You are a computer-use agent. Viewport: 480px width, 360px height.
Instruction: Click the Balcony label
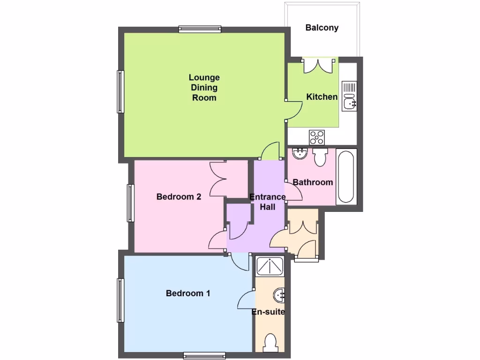point(322,28)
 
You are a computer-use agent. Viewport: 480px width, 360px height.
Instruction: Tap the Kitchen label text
point(322,97)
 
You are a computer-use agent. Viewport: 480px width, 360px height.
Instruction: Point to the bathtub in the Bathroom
point(346,176)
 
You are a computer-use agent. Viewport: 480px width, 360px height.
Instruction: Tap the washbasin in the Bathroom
point(299,153)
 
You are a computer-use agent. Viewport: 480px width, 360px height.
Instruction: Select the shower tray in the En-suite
point(270,267)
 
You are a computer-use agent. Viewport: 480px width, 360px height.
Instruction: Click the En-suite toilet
point(270,342)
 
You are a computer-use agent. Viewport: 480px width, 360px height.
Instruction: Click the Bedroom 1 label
point(188,293)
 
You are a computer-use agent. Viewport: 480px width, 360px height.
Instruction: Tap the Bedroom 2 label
point(179,197)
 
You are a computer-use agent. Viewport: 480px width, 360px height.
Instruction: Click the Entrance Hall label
point(268,202)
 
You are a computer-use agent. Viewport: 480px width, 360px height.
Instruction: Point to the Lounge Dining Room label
point(204,87)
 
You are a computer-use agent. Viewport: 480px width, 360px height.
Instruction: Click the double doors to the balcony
point(320,65)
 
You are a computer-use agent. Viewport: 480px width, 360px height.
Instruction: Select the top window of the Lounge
point(200,29)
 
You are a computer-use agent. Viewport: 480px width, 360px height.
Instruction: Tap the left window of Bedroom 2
point(130,202)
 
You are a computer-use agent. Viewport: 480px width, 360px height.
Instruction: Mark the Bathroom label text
point(313,182)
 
